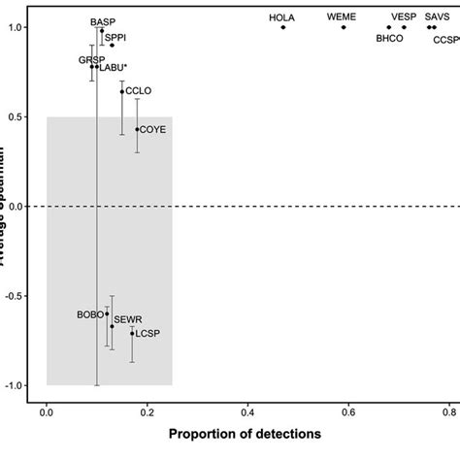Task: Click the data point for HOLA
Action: [283, 27]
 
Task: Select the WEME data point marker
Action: [344, 27]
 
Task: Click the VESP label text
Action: [403, 16]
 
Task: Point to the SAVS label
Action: [437, 16]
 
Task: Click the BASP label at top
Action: [102, 20]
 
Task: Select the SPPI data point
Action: [112, 45]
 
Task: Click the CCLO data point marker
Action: [122, 92]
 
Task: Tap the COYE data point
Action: [137, 129]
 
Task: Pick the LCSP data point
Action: [132, 334]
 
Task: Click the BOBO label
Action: [89, 314]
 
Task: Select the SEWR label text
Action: [128, 318]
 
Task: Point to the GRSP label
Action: [91, 59]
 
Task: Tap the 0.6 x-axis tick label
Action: [348, 411]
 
